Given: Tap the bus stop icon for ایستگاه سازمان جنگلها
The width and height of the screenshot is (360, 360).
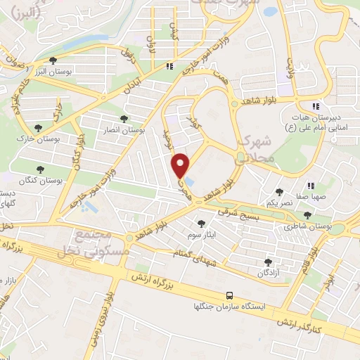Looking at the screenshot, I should point(230,296).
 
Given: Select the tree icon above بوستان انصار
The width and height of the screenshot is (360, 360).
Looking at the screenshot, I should point(124,120).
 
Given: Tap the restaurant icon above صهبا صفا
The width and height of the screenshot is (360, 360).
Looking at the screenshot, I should point(310,186).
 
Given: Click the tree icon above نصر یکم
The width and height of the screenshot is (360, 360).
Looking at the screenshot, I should point(279,191).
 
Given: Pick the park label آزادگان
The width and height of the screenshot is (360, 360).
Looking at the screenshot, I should point(267,271).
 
